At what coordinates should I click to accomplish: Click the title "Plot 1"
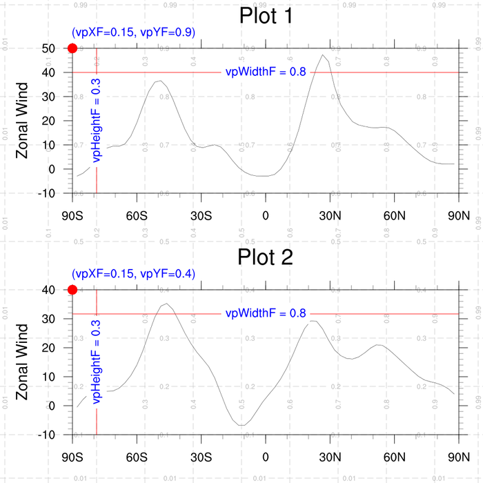click(266, 16)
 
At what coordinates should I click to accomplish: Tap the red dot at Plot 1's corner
click(72, 48)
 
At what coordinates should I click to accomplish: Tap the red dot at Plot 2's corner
click(72, 290)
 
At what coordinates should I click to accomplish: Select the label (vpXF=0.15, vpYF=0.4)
click(133, 274)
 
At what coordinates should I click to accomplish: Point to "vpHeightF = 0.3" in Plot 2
click(97, 360)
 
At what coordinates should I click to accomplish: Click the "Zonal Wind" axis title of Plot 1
click(22, 121)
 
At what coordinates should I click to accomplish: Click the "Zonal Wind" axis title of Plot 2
click(22, 362)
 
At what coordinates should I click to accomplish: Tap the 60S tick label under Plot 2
click(137, 456)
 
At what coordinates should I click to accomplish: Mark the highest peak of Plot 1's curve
click(322, 55)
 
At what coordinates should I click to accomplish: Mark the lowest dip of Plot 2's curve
click(241, 425)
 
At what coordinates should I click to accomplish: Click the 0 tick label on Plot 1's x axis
click(266, 215)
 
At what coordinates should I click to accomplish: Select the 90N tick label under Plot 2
click(459, 456)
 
